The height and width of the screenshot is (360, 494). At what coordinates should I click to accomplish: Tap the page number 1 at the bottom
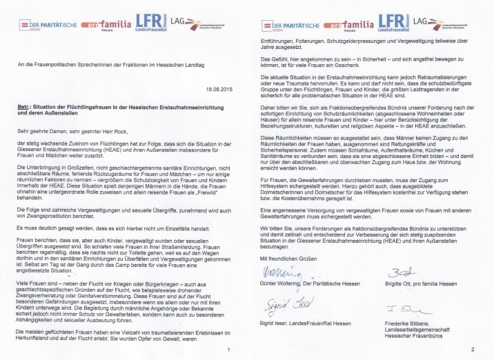coord(228,350)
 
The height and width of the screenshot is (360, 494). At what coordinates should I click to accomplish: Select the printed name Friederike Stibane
coord(408,332)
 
